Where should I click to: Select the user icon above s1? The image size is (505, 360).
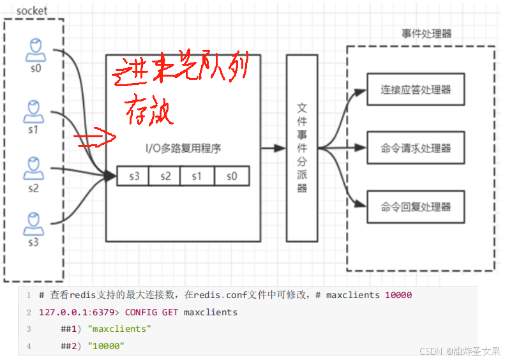click(34, 110)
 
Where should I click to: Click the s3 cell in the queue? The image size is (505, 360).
click(133, 176)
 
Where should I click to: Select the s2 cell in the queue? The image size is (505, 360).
click(165, 176)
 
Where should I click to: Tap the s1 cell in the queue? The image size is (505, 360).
click(198, 176)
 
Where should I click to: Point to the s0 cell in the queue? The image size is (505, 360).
click(232, 176)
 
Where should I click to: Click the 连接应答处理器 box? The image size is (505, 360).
click(416, 89)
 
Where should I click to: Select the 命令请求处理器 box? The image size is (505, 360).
click(416, 148)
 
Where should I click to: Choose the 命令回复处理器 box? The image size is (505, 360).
click(416, 207)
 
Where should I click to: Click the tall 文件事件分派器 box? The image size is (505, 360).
click(302, 148)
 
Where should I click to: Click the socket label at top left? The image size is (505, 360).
click(32, 11)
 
